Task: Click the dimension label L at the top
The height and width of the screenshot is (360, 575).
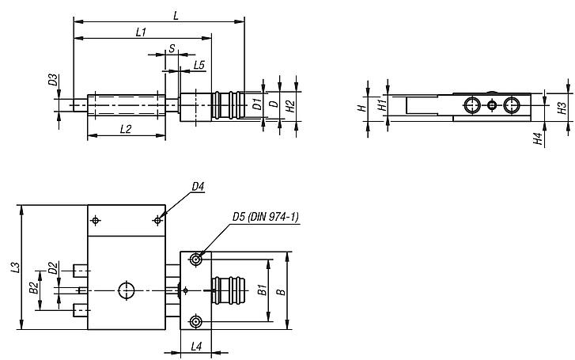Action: [x=175, y=15]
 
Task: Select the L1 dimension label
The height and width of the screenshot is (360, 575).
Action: [x=141, y=32]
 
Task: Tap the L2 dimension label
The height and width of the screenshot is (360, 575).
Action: [x=125, y=128]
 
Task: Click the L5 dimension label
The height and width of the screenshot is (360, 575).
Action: [x=199, y=63]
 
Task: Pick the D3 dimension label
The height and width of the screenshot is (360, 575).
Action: [x=52, y=80]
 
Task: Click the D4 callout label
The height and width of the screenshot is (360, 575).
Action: [x=198, y=187]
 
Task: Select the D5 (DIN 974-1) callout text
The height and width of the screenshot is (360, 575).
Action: [x=265, y=216]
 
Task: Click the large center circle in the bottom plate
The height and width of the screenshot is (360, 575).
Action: [x=127, y=290]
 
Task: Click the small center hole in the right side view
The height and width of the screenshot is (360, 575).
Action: [x=491, y=105]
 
